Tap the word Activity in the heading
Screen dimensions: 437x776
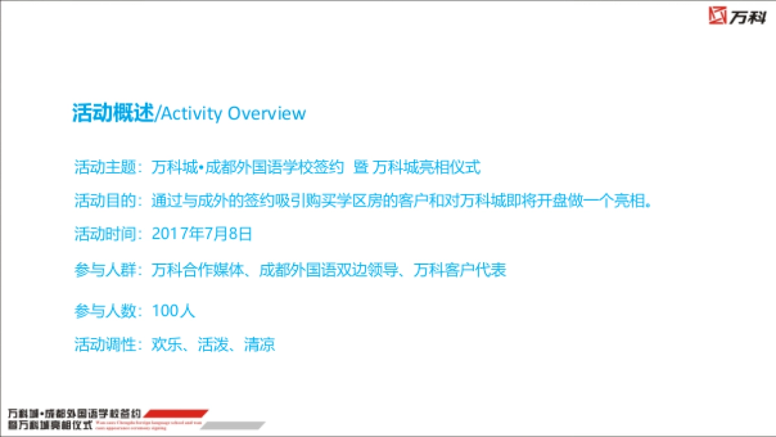coord(191,113)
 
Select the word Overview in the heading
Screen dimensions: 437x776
coord(266,113)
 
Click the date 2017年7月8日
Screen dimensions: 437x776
coord(202,234)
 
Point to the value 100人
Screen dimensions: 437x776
coord(173,311)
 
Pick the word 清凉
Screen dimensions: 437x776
coord(259,344)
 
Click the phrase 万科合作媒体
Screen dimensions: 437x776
coord(198,270)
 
